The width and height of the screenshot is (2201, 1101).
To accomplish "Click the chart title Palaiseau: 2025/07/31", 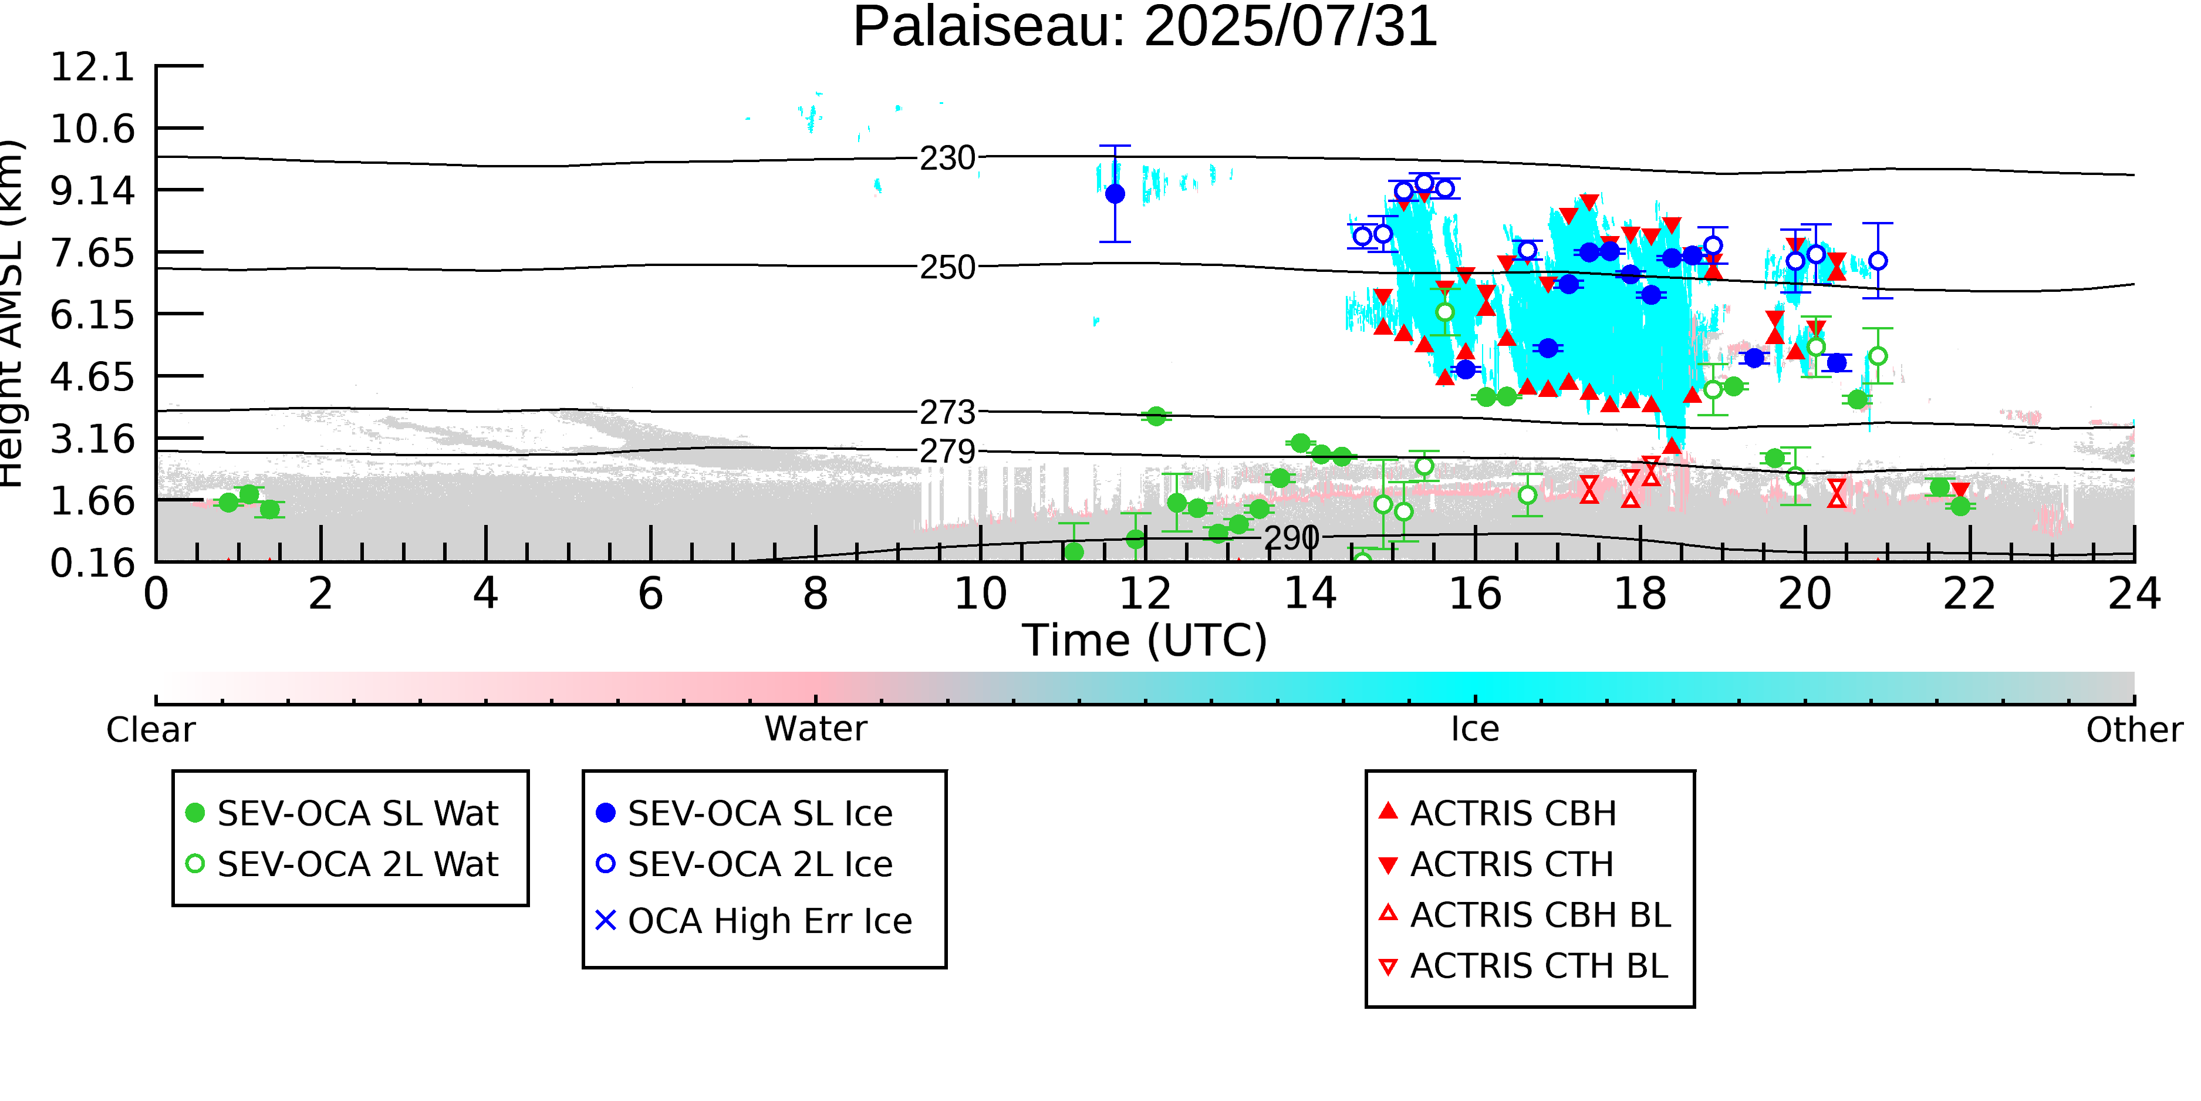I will [x=1145, y=28].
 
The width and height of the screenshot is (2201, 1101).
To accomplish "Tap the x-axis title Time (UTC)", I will [x=1145, y=640].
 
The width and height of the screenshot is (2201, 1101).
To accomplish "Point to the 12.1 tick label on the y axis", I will [x=92, y=68].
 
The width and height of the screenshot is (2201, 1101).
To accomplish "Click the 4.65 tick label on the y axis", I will [x=92, y=377].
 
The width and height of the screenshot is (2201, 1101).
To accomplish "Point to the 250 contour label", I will [x=947, y=268].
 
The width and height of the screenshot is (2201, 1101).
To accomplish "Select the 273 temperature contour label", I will [x=947, y=413].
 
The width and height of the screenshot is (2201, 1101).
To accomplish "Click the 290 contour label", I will [x=1291, y=538].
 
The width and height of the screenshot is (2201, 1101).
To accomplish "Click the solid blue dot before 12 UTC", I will [x=1115, y=194].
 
